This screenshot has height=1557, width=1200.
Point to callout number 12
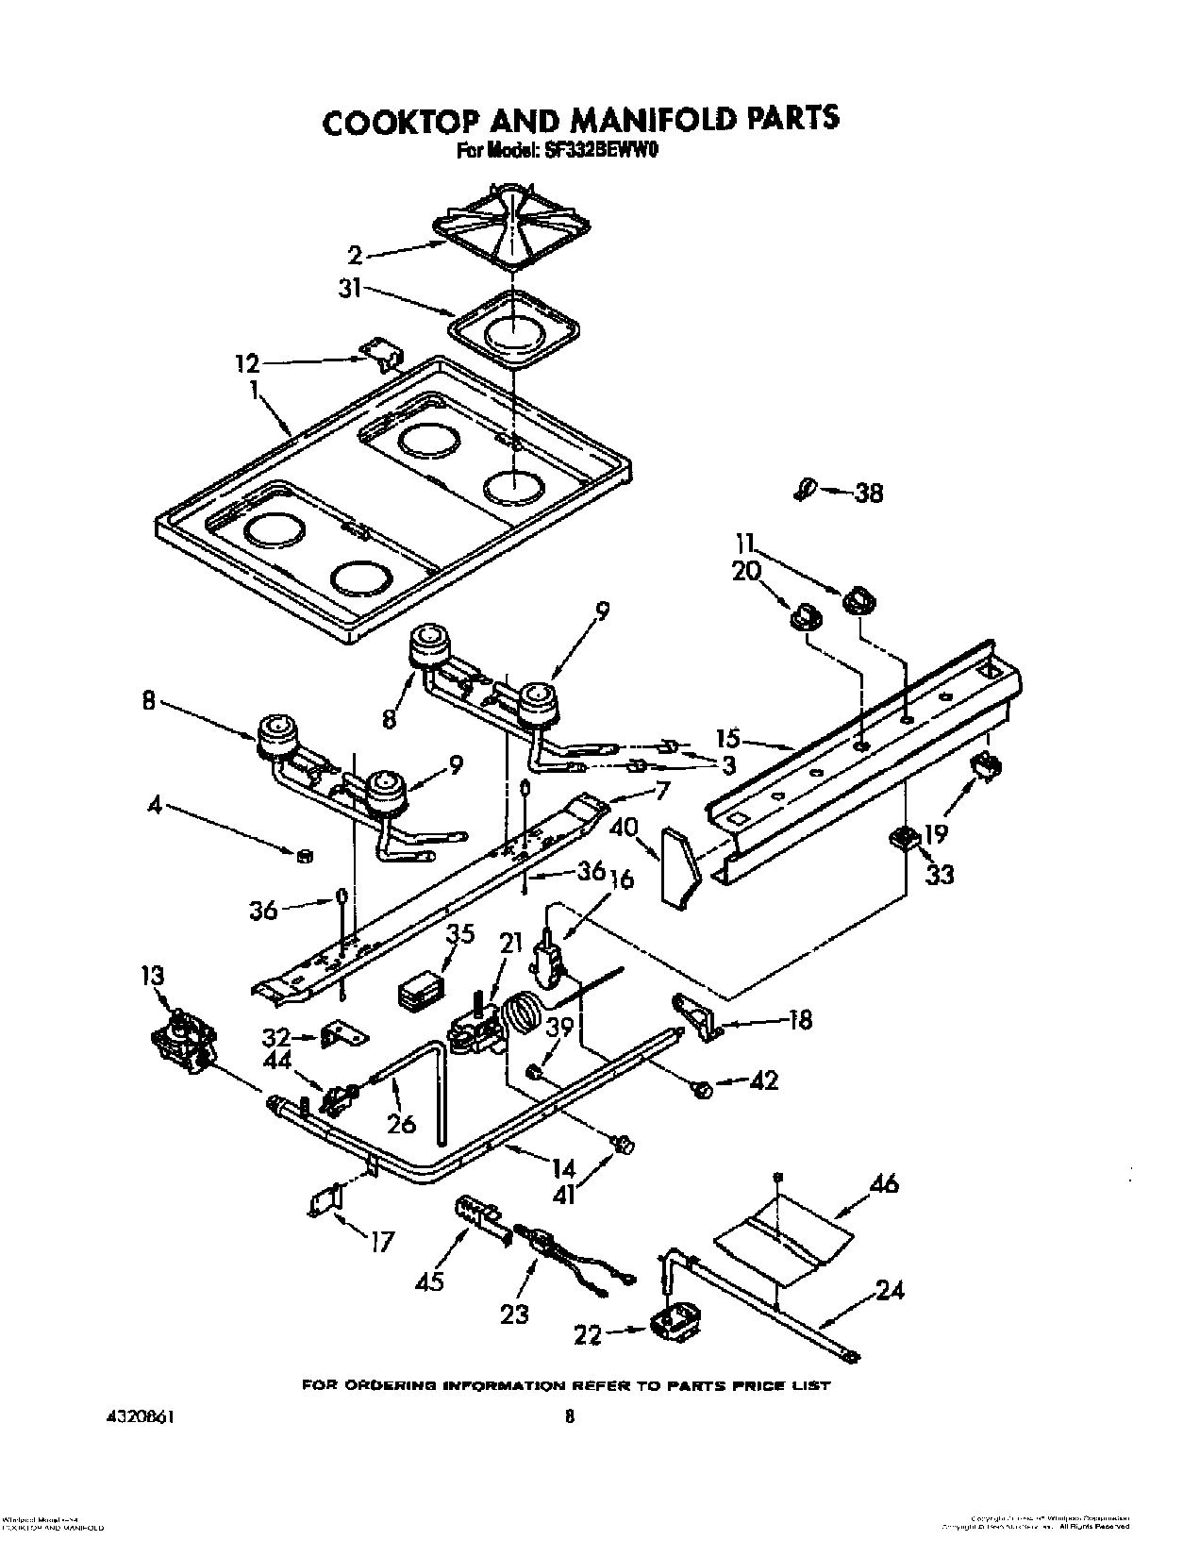click(247, 362)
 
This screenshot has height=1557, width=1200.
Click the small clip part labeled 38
click(804, 489)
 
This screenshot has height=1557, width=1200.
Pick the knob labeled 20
click(805, 616)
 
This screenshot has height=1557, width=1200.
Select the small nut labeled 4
click(304, 856)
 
